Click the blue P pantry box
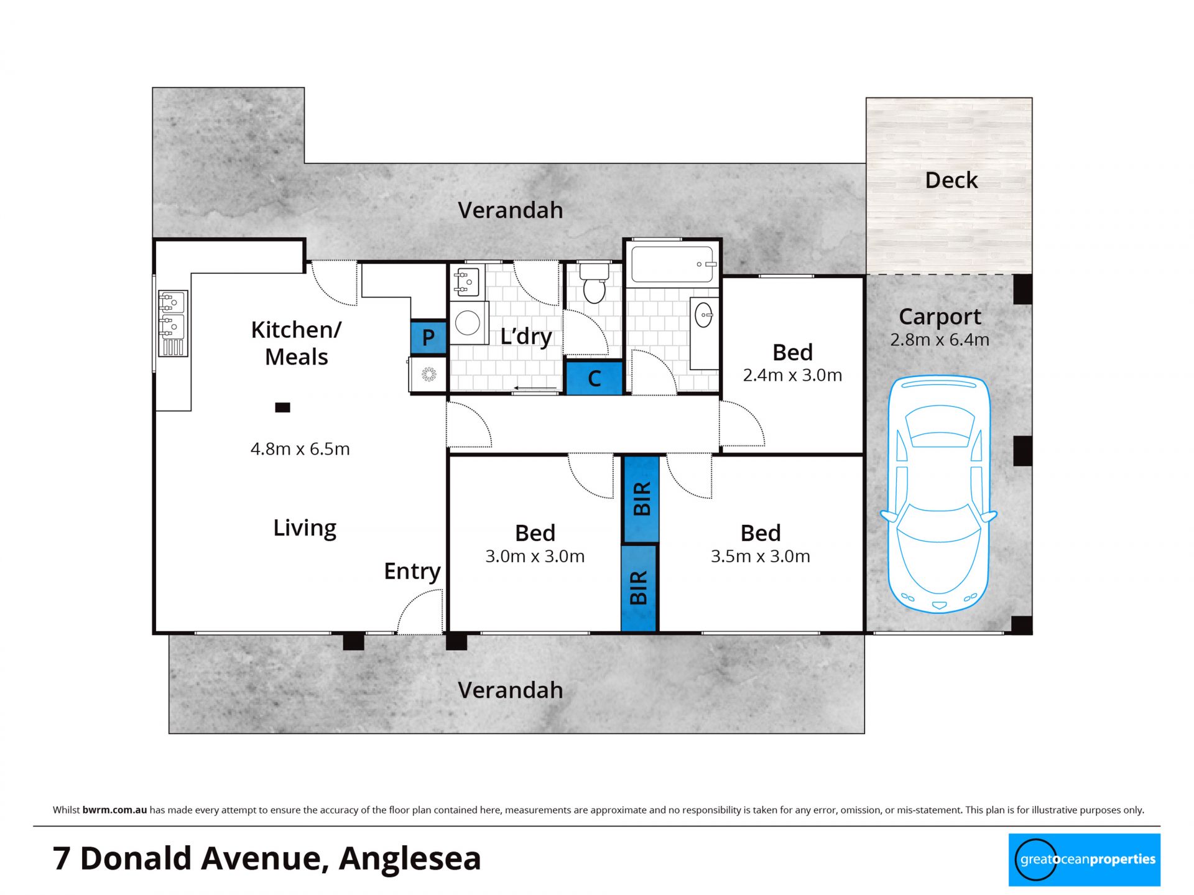pos(428,338)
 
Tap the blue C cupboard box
pos(594,378)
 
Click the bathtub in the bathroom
pos(672,264)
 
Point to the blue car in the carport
pos(938,494)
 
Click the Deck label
pos(951,180)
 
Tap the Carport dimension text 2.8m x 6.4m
pos(939,340)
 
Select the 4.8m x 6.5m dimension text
pos(300,448)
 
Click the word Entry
pos(412,571)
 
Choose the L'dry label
pos(526,336)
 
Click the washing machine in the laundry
pos(468,323)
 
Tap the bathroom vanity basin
pos(704,315)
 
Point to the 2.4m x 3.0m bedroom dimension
pos(792,375)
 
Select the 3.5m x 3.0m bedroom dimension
pos(760,556)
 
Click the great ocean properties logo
pos(1084,860)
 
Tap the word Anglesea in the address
pos(410,858)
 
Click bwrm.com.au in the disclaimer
pos(114,810)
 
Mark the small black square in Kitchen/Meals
pos(283,407)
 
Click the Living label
pos(305,528)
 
